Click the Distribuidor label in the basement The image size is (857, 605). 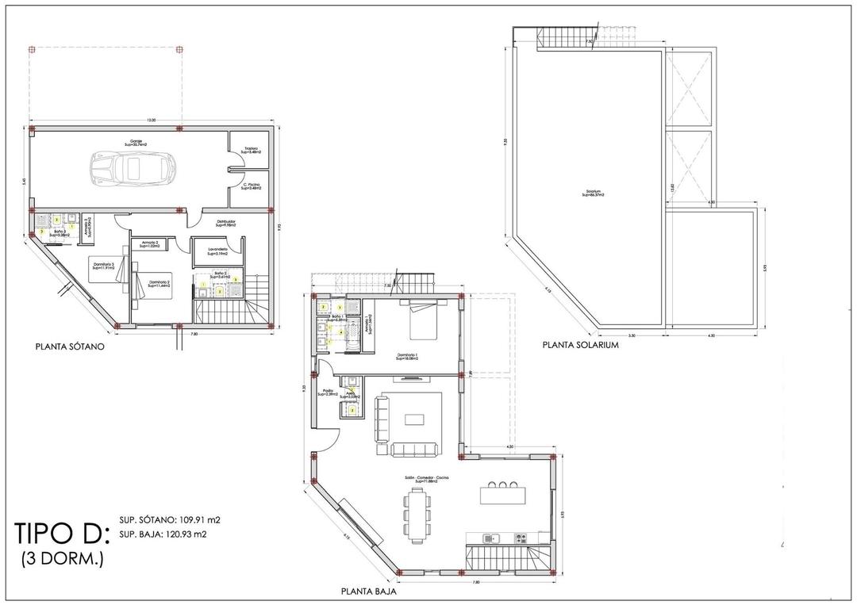pos(226,224)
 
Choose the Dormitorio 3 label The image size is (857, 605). pos(103,266)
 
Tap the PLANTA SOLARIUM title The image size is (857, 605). pos(579,345)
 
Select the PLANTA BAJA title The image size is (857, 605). pos(368,591)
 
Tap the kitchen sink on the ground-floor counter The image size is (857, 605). pos(491,538)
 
